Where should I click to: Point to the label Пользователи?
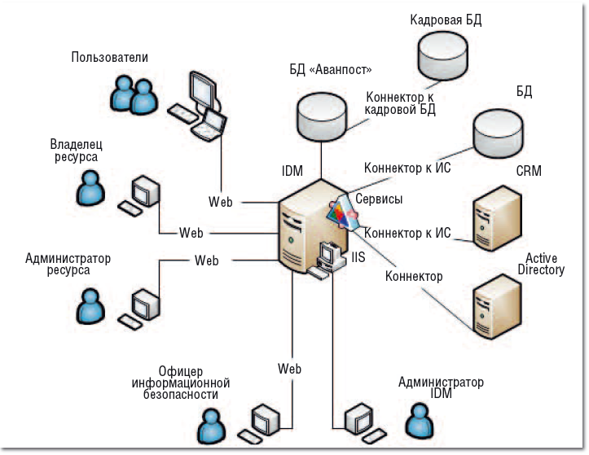point(110,57)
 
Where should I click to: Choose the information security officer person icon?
point(211,425)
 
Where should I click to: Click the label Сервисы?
point(379,198)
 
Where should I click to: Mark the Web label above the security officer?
point(290,369)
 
